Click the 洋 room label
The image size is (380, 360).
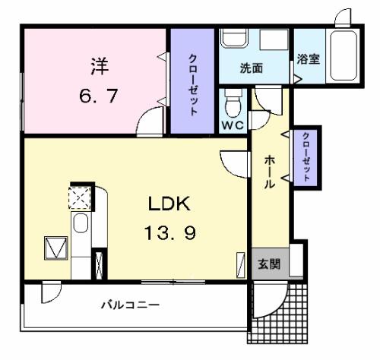(x=100, y=66)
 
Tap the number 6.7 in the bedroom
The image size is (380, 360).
(x=99, y=96)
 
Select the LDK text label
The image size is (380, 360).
(x=169, y=204)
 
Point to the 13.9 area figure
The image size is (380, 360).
(x=170, y=233)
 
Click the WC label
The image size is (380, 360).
(x=233, y=125)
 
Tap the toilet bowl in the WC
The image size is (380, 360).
(x=233, y=106)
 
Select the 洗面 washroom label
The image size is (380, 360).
(x=252, y=68)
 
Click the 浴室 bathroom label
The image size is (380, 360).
(x=309, y=59)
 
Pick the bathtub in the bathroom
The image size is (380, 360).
(x=344, y=55)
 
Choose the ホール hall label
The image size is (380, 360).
(x=270, y=172)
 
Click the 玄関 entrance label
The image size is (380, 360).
(x=269, y=264)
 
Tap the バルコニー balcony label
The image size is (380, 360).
(x=130, y=305)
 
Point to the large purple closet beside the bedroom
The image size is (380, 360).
(x=192, y=81)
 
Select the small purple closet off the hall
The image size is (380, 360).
(x=306, y=157)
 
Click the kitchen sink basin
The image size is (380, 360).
(x=81, y=223)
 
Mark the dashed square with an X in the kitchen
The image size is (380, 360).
(x=80, y=197)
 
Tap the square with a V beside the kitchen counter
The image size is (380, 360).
(x=56, y=248)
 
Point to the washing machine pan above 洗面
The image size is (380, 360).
(x=274, y=40)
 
